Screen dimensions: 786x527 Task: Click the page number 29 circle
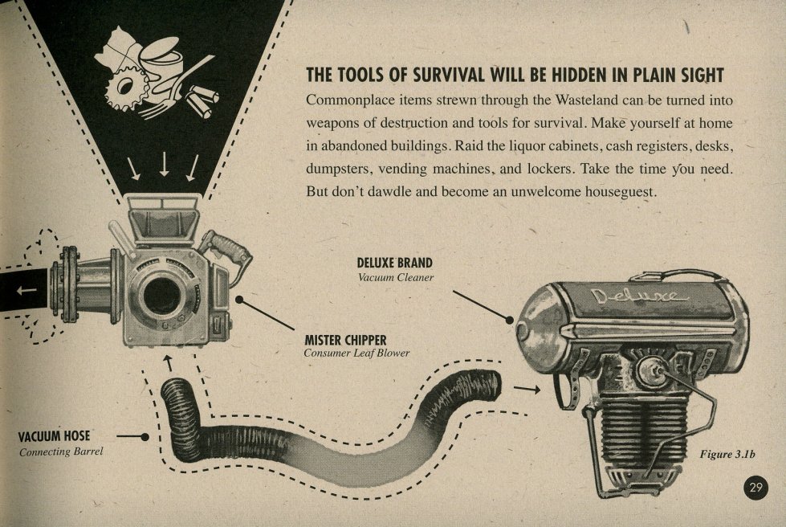[x=755, y=487]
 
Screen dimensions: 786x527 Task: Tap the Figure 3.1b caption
[x=727, y=454]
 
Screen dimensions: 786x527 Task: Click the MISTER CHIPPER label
[x=345, y=341]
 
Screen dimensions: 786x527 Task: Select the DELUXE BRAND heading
[x=394, y=263]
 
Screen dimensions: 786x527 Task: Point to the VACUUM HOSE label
[x=54, y=436]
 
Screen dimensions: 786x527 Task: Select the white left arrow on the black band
[x=26, y=290]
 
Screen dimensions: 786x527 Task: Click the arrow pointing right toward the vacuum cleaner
[x=527, y=389]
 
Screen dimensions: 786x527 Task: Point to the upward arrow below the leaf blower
[x=169, y=362]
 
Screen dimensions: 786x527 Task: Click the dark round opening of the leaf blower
[x=161, y=296]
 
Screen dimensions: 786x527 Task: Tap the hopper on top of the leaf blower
[x=163, y=219]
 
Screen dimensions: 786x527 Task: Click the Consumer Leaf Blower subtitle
[x=356, y=353]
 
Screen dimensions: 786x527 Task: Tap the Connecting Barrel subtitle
[x=61, y=451]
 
